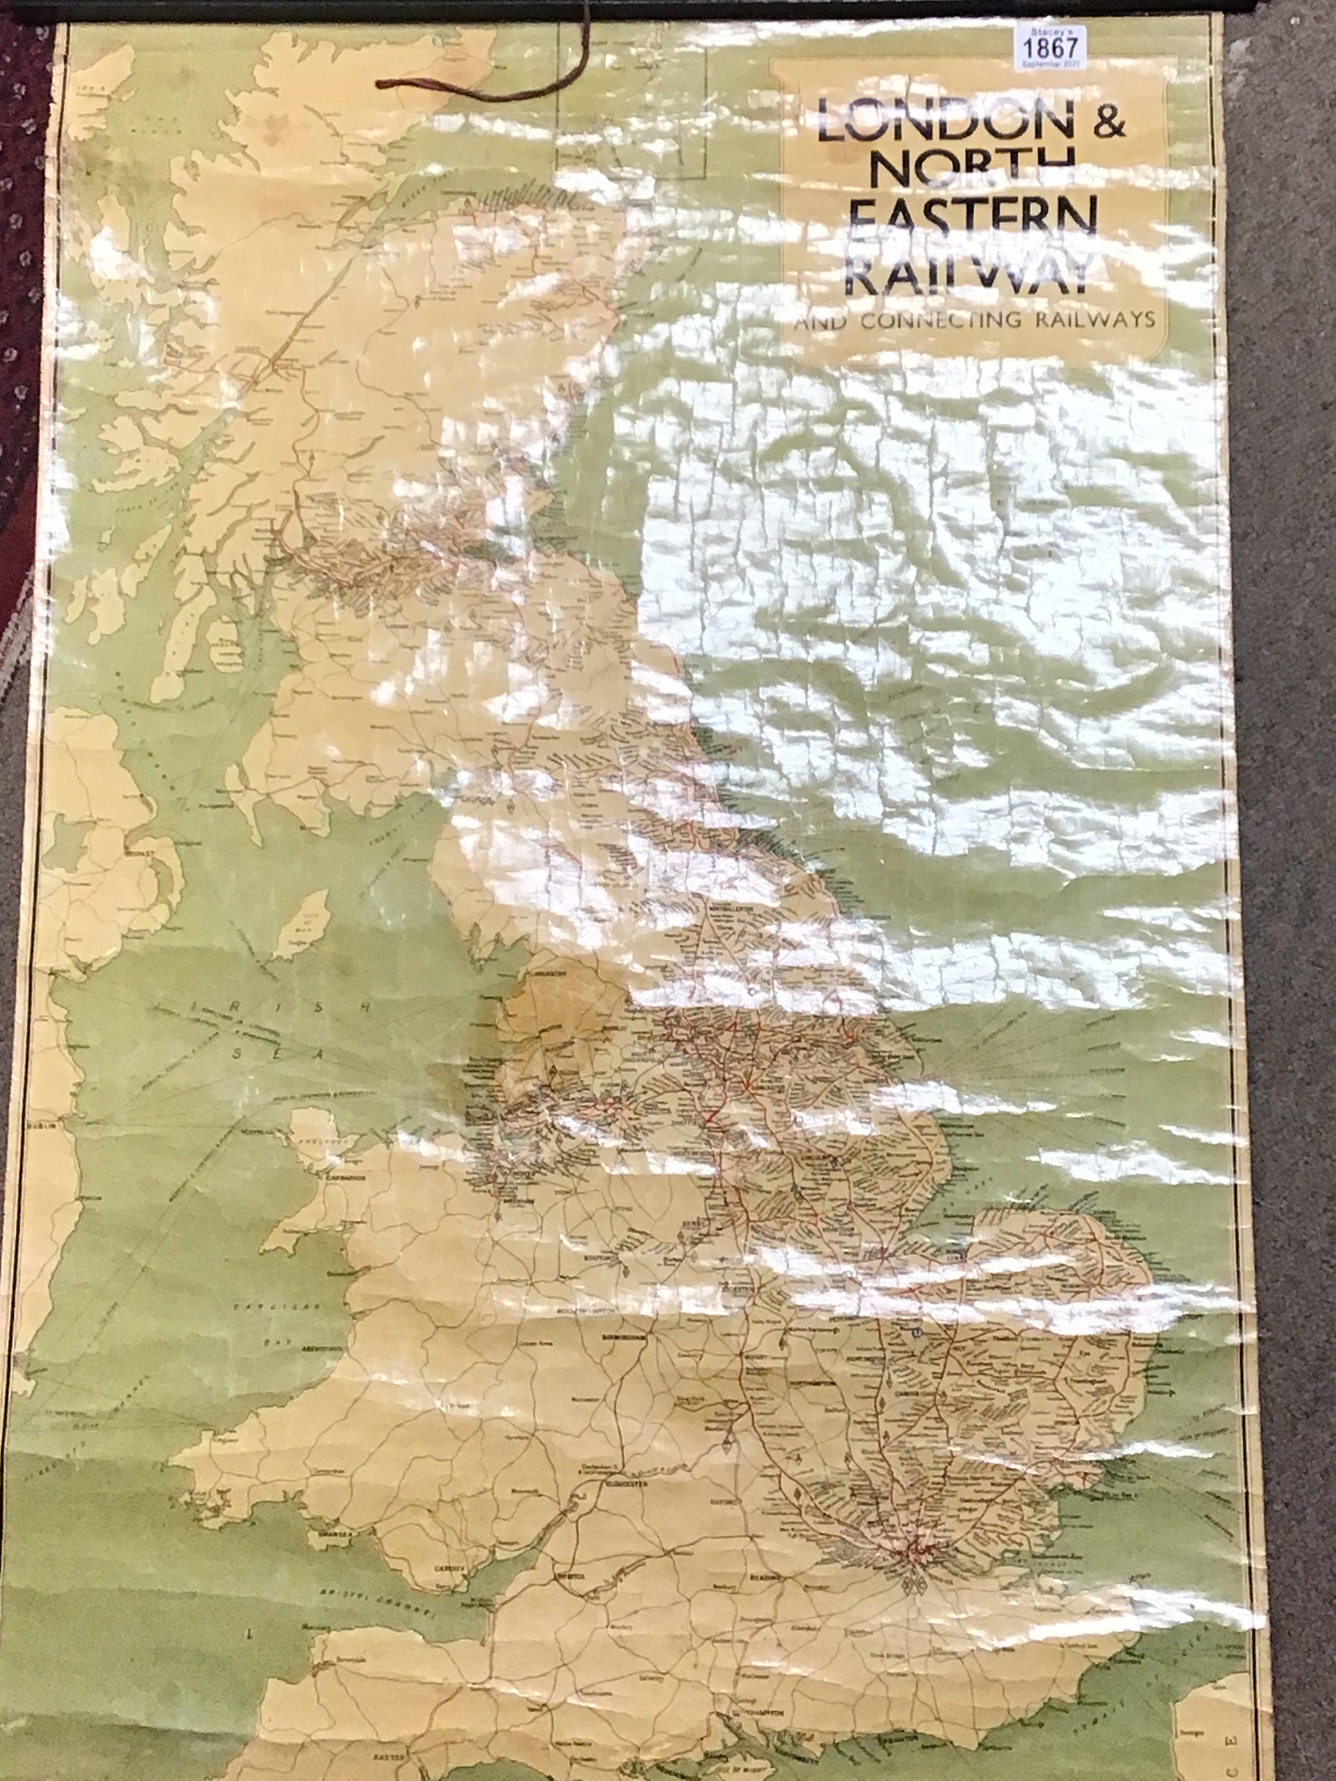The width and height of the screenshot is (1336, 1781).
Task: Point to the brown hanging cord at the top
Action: coord(483,88)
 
